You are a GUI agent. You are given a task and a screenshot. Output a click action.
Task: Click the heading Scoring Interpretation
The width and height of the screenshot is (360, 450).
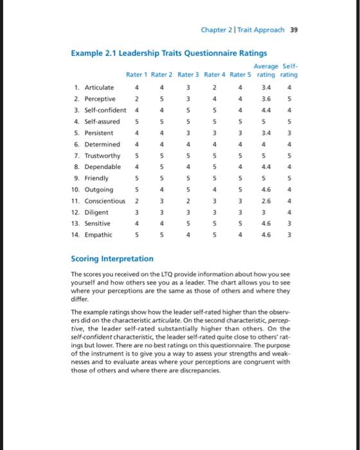(112, 258)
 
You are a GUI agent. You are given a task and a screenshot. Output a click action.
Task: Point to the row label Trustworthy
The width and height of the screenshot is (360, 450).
(98, 156)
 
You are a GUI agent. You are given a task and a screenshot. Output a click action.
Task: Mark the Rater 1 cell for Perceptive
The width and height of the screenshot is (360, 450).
(136, 99)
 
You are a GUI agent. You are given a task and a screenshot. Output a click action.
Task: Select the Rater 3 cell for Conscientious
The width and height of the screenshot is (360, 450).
(188, 201)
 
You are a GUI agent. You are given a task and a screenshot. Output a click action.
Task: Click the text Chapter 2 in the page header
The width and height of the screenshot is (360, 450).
(218, 30)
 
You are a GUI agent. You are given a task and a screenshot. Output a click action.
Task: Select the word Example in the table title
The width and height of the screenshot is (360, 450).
(86, 53)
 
